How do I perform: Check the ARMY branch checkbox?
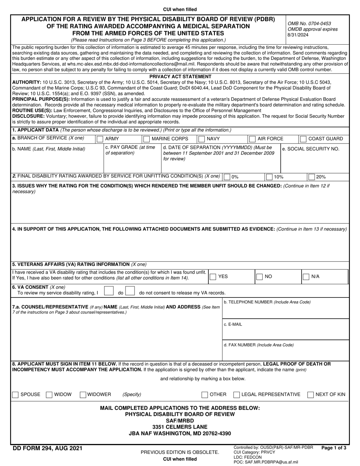click(100, 139)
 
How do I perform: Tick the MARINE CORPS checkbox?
click(147, 139)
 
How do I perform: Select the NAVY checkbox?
click(202, 139)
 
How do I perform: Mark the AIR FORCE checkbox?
click(252, 139)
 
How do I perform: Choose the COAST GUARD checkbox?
click(303, 139)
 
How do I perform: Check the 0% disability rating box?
click(227, 177)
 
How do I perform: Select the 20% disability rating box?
click(311, 177)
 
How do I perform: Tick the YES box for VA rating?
click(213, 277)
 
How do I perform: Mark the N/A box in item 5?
click(306, 277)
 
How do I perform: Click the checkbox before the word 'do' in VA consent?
click(109, 291)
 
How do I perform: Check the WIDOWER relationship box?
click(83, 395)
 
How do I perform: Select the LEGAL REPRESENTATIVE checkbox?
click(236, 395)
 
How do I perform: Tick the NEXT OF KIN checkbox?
click(311, 395)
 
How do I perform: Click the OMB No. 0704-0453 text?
click(309, 23)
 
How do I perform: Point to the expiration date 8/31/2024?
click(298, 35)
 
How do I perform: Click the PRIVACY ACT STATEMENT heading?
click(180, 77)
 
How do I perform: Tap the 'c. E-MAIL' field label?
click(233, 324)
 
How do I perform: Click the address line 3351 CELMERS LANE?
click(180, 427)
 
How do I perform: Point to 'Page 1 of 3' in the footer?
click(333, 448)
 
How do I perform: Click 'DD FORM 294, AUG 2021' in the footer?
click(47, 449)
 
